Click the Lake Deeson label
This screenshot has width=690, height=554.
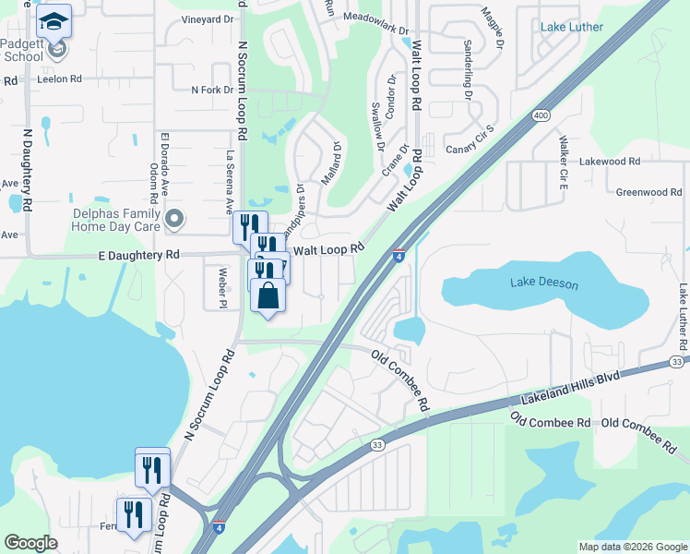pyautogui.click(x=544, y=283)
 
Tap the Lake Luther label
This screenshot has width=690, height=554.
pyautogui.click(x=572, y=27)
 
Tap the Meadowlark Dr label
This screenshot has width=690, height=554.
pyautogui.click(x=375, y=18)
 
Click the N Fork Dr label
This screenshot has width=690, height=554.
pyautogui.click(x=212, y=90)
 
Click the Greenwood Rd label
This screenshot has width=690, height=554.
pyautogui.click(x=648, y=192)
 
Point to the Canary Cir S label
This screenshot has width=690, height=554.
pyautogui.click(x=470, y=144)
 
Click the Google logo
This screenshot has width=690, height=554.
pyautogui.click(x=30, y=543)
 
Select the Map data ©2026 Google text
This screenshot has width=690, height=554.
pyautogui.click(x=632, y=547)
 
